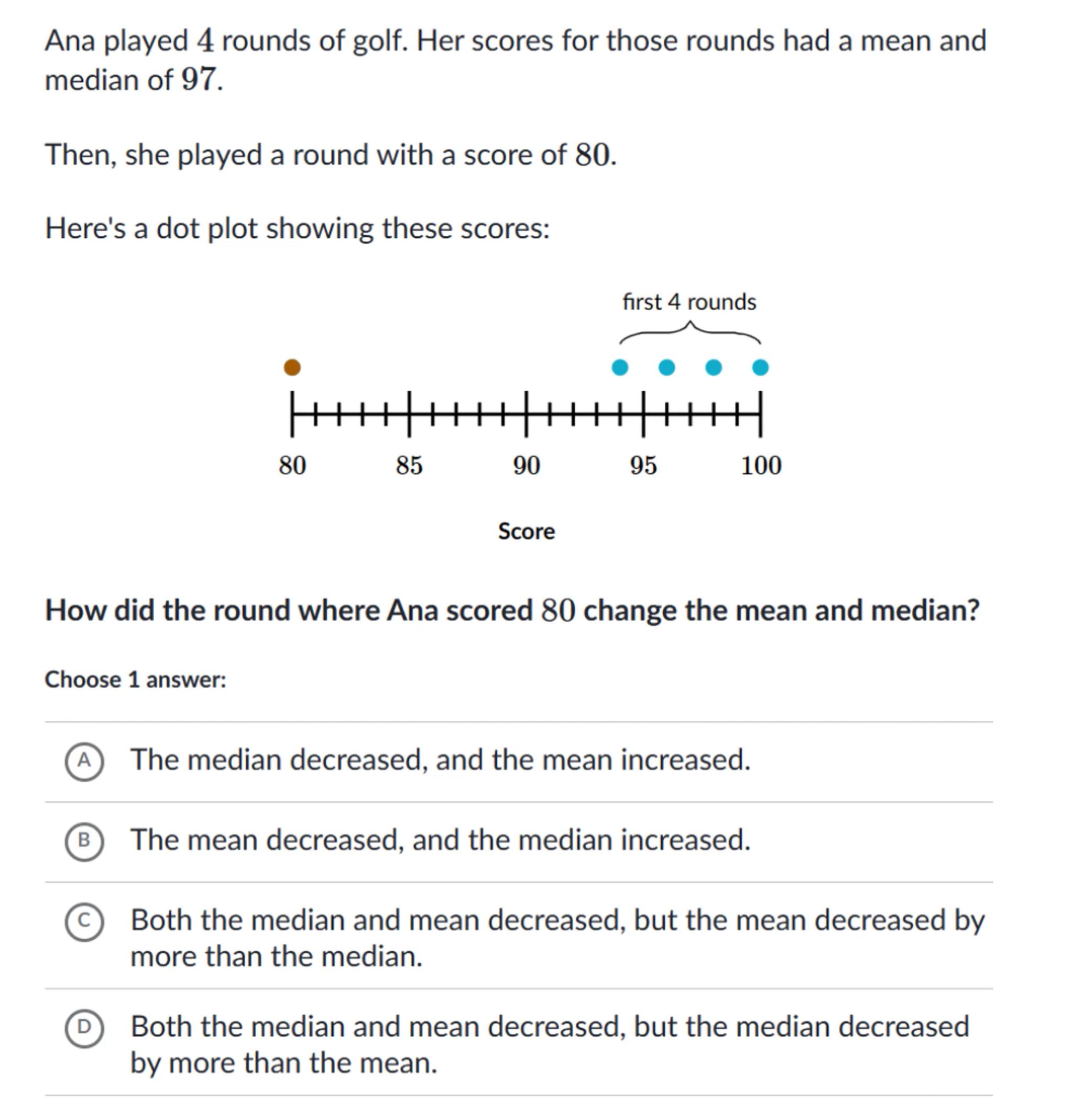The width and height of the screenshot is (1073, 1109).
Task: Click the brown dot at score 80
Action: [292, 368]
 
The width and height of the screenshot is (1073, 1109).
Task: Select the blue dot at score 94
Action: [620, 368]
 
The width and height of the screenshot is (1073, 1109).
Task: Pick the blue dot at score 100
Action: [761, 368]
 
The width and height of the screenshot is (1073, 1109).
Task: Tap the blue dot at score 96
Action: [667, 368]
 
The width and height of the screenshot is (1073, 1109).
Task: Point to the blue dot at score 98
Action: [714, 368]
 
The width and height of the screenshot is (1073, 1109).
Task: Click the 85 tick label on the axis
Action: [409, 466]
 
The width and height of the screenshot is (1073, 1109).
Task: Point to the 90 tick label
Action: [527, 466]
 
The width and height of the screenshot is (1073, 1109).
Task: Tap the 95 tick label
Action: [643, 466]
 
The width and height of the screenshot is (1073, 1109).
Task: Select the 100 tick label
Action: [761, 466]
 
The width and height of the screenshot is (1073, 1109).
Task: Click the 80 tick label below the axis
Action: [292, 466]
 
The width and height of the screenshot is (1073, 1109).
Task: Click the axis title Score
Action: [527, 531]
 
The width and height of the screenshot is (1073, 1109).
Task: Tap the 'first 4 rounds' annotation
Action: [689, 302]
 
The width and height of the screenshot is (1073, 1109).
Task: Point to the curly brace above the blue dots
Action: [690, 333]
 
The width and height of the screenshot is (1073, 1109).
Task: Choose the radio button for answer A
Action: [84, 762]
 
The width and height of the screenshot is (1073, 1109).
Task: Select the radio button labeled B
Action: [84, 841]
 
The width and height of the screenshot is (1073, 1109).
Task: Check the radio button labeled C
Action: [84, 921]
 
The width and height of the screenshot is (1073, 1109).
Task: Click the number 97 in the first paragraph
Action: [199, 80]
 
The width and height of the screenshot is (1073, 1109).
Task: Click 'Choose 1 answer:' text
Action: [135, 679]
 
